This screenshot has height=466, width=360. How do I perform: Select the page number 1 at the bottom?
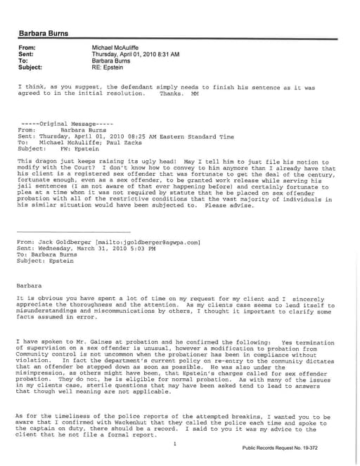[x=174, y=444]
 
